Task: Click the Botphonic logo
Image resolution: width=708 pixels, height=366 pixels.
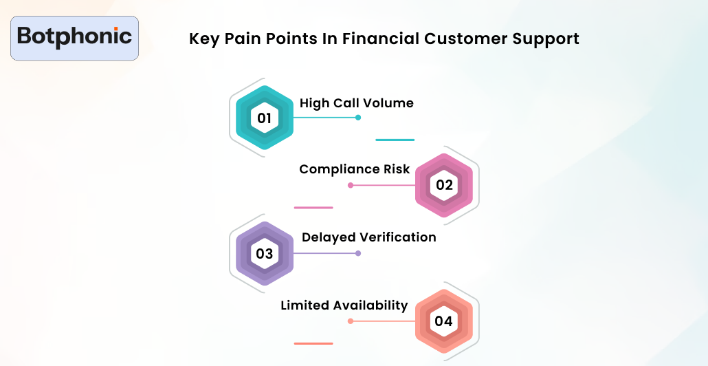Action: [x=74, y=37]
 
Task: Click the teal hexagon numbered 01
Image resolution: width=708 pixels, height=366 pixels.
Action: [x=265, y=118]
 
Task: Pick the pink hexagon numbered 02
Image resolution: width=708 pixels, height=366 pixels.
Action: [x=444, y=185]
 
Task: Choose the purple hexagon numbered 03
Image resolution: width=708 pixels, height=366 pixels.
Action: [x=265, y=253]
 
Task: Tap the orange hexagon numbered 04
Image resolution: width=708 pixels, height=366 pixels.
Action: [x=444, y=321]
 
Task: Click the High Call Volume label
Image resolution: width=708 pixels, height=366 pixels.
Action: [x=356, y=103]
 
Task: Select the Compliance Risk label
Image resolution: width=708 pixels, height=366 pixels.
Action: [x=354, y=169]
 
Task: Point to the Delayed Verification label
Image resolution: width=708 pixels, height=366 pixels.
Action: [x=368, y=237]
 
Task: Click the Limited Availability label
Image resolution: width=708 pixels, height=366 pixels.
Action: [x=344, y=305]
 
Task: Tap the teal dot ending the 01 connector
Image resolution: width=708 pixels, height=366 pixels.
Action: [x=358, y=118]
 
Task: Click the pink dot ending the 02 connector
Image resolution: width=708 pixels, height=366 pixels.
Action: [x=351, y=185]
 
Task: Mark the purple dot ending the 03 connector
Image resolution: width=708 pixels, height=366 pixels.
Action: [x=358, y=253]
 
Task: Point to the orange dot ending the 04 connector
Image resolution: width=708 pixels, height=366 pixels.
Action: [x=351, y=321]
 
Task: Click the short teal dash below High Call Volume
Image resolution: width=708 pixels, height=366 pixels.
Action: [x=395, y=140]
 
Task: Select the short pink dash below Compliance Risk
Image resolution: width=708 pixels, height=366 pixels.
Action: [x=313, y=207]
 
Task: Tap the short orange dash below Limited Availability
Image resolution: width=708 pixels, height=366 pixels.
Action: [x=313, y=343]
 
